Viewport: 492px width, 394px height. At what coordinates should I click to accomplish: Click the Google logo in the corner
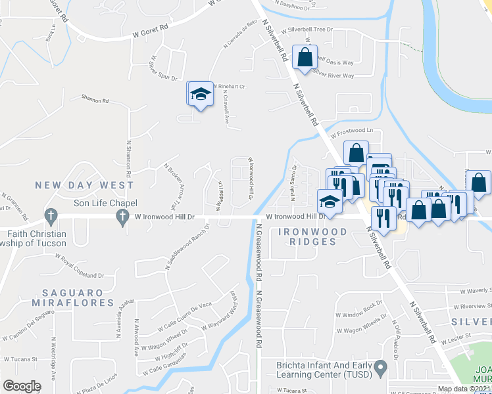coord(21,386)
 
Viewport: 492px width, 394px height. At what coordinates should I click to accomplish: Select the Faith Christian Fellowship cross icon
coord(50,215)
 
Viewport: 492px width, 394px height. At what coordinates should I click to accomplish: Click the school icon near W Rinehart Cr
coord(200,94)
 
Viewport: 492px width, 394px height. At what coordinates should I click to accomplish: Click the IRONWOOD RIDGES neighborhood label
coord(307,236)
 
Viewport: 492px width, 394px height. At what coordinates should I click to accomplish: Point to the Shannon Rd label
coord(95,100)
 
